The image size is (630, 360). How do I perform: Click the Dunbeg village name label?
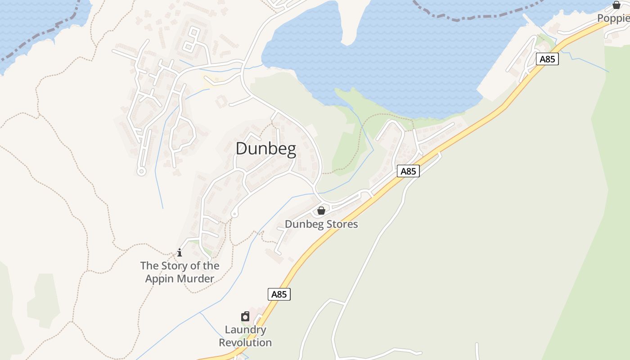[x=266, y=149]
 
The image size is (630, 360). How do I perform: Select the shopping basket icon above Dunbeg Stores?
[x=321, y=211]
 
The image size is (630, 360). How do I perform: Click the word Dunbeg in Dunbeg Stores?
[x=301, y=224]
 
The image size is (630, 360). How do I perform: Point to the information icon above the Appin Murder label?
[x=180, y=252]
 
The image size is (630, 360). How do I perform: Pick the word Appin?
[x=159, y=279]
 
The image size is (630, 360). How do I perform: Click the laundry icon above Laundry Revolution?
[x=245, y=317]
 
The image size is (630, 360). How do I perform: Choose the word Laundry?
[x=245, y=330]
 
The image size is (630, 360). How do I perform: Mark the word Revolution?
[x=245, y=342]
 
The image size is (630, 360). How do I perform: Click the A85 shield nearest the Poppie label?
[x=548, y=59]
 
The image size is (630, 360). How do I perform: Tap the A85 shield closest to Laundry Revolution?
[x=279, y=294]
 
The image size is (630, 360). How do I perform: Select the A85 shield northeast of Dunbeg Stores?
[x=409, y=171]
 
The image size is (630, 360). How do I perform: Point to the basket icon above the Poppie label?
[x=616, y=5]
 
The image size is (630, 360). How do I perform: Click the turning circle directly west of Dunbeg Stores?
[x=234, y=214]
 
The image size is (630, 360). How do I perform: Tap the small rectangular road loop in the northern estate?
[x=192, y=39]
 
